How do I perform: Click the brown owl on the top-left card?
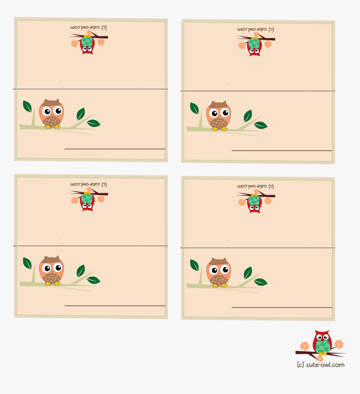51,113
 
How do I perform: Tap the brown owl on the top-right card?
219,116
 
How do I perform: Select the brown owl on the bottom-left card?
51,270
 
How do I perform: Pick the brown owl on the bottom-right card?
219,273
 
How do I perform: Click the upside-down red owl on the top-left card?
87,44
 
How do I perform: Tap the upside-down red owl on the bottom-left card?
87,201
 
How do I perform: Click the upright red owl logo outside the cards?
322,342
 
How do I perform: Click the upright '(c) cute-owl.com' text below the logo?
321,365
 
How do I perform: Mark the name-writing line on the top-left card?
115,149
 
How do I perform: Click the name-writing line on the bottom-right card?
282,308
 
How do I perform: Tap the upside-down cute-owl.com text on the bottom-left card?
89,184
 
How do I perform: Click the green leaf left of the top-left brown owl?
27,106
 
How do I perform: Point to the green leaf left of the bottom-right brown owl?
194,265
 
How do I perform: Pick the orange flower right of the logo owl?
339,344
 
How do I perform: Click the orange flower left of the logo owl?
305,346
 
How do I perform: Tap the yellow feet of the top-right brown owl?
219,129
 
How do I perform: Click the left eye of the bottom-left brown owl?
46,268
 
